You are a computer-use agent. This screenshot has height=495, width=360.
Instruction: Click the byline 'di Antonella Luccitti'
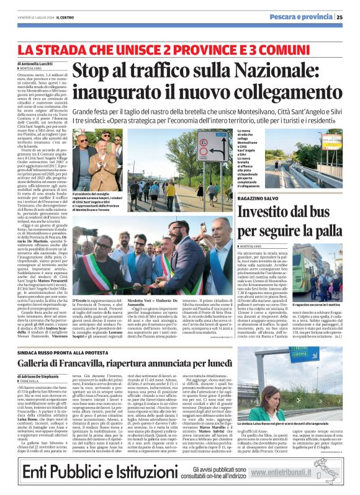click(35, 64)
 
